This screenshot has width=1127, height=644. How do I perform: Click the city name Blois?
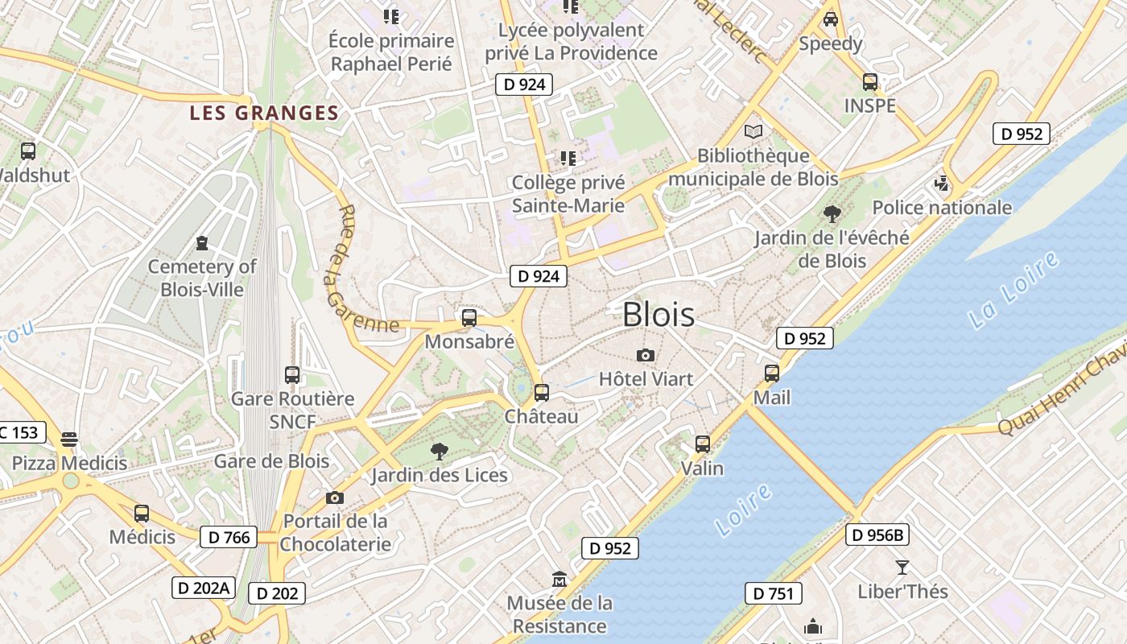(x=658, y=314)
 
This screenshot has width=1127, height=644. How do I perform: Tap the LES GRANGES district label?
(x=264, y=114)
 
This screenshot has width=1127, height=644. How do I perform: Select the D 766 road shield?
(x=229, y=537)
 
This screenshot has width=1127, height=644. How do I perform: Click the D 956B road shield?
(x=877, y=535)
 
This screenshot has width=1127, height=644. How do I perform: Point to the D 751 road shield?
(x=774, y=594)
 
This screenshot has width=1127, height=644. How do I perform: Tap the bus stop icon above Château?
(x=542, y=393)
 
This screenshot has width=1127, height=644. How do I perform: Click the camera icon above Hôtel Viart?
(x=645, y=355)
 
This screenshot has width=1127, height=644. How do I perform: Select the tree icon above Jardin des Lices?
(x=439, y=451)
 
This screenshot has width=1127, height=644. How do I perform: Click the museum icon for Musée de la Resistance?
(x=559, y=579)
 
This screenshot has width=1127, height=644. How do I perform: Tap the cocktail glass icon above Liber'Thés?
(x=902, y=568)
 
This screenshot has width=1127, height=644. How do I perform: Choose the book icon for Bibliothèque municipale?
(x=753, y=131)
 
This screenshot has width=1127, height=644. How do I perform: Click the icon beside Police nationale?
(x=942, y=184)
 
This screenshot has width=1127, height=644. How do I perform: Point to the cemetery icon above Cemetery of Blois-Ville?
(x=201, y=242)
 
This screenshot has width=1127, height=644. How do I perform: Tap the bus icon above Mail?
(x=772, y=374)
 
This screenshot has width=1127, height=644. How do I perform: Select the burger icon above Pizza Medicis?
(x=69, y=439)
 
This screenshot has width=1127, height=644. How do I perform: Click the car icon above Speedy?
(x=831, y=19)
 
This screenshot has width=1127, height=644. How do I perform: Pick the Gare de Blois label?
(x=271, y=461)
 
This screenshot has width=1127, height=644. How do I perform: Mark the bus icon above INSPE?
(x=870, y=81)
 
